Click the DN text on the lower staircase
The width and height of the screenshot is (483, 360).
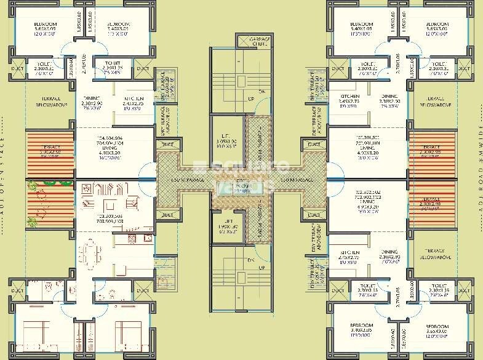click(x=251, y=260)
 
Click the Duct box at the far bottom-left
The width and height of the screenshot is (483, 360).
click(x=17, y=290)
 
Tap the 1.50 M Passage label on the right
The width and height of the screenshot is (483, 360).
click(x=295, y=180)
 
